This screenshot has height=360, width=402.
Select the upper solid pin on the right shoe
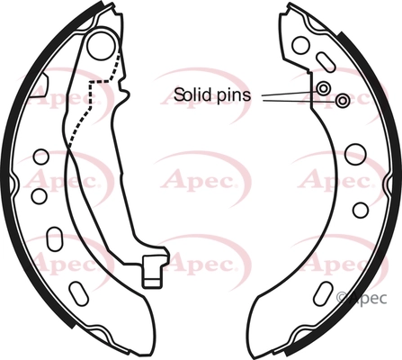point(323,88)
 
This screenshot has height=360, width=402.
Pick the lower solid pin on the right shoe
point(342,101)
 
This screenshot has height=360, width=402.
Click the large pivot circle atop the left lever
point(101,44)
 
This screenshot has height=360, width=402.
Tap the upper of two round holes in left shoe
point(40,157)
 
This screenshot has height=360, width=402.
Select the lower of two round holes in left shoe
point(40,196)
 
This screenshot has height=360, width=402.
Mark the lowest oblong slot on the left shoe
point(78,293)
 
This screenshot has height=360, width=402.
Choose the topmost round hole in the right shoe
point(300,45)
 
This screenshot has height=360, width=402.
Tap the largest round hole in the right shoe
point(355,155)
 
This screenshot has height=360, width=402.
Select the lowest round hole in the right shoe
point(360,210)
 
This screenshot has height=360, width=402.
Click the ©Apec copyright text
point(362,298)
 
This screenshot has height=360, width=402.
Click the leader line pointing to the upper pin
point(290,94)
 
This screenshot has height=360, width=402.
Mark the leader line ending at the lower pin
point(299,101)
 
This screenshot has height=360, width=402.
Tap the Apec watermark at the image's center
point(201,180)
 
